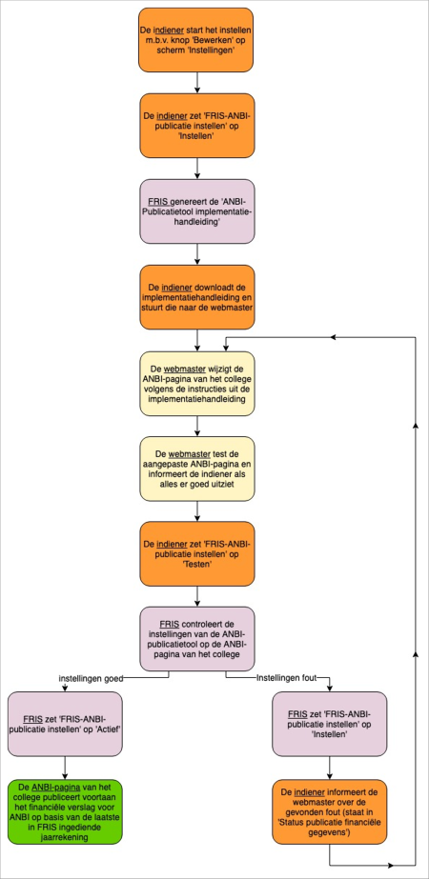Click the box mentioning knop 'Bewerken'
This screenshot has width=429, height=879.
pyautogui.click(x=196, y=40)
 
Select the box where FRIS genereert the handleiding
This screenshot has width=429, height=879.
pyautogui.click(x=196, y=211)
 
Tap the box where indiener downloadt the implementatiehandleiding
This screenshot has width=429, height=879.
pyautogui.click(x=196, y=297)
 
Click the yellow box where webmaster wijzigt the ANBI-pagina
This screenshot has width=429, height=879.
pyautogui.click(x=196, y=384)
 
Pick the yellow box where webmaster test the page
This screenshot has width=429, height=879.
pyautogui.click(x=196, y=469)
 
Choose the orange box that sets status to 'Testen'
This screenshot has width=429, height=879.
pyautogui.click(x=196, y=554)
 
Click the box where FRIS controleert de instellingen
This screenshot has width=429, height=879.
pyautogui.click(x=196, y=640)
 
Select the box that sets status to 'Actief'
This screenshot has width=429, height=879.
pyautogui.click(x=65, y=724)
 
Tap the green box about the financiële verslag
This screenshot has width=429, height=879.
pyautogui.click(x=65, y=811)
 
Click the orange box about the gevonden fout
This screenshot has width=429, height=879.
pyautogui.click(x=329, y=811)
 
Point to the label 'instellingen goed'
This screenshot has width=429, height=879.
pyautogui.click(x=91, y=678)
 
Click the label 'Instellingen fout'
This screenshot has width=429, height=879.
pyautogui.click(x=286, y=678)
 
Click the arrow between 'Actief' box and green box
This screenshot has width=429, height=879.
pyautogui.click(x=65, y=768)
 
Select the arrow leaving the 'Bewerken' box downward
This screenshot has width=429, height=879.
pyautogui.click(x=196, y=83)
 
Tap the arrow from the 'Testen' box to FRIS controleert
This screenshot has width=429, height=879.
pyautogui.click(x=196, y=597)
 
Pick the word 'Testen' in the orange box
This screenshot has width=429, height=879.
pyautogui.click(x=196, y=565)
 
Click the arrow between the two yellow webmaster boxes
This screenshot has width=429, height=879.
pyautogui.click(x=196, y=427)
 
